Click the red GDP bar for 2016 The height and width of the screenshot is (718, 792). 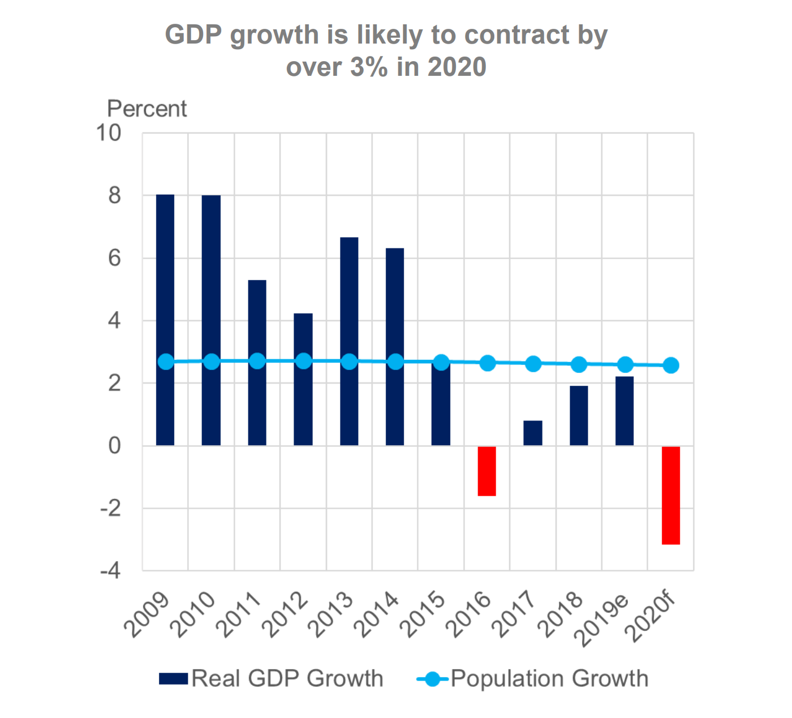pos(487,471)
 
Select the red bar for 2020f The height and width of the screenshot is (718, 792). pos(671,495)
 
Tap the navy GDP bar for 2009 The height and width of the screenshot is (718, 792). pos(165,283)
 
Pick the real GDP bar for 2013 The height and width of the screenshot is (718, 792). pos(349,294)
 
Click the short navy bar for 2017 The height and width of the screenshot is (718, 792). pos(533,433)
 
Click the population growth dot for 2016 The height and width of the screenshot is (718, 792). pos(488,363)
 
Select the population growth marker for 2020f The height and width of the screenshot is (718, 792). pos(671,366)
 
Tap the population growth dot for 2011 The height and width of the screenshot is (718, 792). pos(257,361)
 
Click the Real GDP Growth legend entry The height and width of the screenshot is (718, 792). pos(272,678)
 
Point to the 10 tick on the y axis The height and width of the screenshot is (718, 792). pos(109,134)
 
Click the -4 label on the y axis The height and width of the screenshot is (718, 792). pos(111,571)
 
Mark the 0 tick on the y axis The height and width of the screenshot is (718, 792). pos(115,446)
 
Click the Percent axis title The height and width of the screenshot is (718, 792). pos(147,109)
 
